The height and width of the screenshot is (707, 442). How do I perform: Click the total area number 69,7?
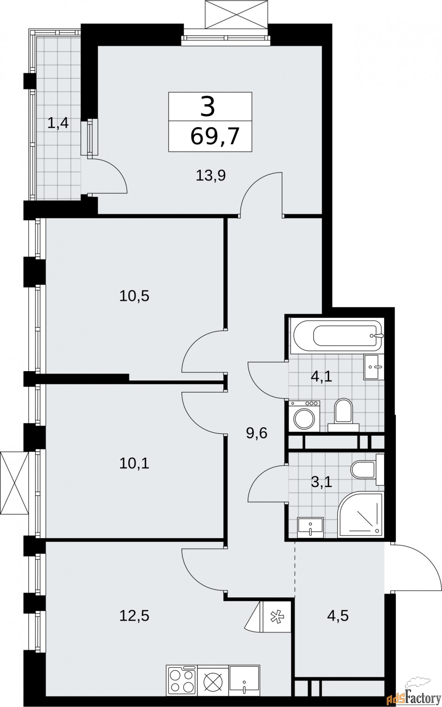tap(215, 136)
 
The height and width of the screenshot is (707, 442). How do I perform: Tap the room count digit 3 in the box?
tap(208, 106)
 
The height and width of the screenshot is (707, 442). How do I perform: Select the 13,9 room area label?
tap(211, 176)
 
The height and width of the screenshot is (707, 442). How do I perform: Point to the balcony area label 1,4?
tap(58, 123)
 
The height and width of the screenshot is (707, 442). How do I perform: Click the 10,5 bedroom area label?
tap(134, 296)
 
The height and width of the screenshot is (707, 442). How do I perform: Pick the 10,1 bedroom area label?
tap(134, 464)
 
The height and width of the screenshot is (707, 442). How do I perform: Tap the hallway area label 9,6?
tap(257, 433)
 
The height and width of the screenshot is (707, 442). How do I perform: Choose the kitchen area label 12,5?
tap(134, 615)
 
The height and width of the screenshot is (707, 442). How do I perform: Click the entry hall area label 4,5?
tap(338, 615)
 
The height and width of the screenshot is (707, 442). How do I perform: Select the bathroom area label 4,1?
tap(322, 377)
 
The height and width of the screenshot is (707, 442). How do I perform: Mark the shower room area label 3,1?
tap(321, 482)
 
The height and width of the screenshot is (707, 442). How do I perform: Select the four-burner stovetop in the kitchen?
tap(182, 680)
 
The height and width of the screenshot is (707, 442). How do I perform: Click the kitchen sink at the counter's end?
tap(244, 680)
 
